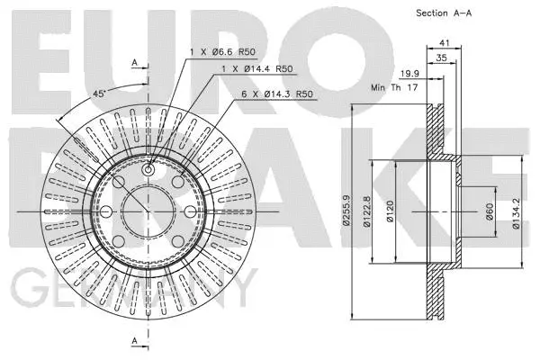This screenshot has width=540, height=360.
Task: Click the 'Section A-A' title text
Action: click(445, 13)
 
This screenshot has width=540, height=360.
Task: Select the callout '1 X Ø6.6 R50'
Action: click(222, 53)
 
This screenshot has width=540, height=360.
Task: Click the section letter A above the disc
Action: click(134, 63)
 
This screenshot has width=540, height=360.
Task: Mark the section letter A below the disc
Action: click(134, 341)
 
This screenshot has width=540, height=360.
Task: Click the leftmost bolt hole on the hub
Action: click(106, 211)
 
